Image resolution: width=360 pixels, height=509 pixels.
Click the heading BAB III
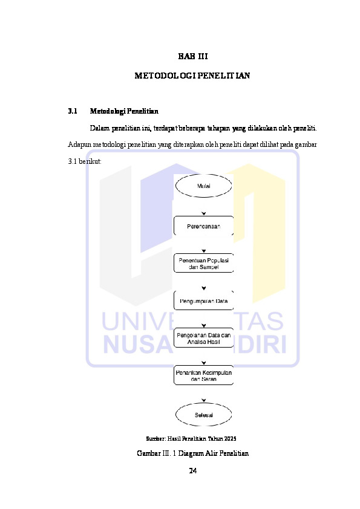pyautogui.click(x=192, y=56)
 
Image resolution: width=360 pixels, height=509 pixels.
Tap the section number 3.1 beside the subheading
pyautogui.click(x=73, y=111)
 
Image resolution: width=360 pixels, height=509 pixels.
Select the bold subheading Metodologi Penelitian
pyautogui.click(x=124, y=111)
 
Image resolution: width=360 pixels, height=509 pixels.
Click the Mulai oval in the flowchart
pyautogui.click(x=204, y=186)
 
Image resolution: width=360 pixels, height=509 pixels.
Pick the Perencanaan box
pyautogui.click(x=204, y=226)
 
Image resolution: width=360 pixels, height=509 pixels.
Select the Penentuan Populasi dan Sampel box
pyautogui.click(x=204, y=263)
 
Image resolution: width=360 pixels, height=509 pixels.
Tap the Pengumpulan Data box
pyautogui.click(x=204, y=300)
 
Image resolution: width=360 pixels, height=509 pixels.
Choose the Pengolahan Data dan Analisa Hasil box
pyautogui.click(x=204, y=338)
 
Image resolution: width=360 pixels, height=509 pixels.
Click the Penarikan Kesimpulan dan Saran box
pyautogui.click(x=204, y=375)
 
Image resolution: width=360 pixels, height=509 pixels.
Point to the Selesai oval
pyautogui.click(x=204, y=415)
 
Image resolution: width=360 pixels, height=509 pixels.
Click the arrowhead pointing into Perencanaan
pyautogui.click(x=204, y=213)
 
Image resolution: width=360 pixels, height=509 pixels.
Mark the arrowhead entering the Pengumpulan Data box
pyautogui.click(x=204, y=288)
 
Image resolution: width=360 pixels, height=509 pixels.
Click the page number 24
pyautogui.click(x=192, y=471)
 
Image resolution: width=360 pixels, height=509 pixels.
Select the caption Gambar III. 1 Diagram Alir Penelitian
pyautogui.click(x=192, y=453)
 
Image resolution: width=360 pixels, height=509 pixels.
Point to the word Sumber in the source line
pyautogui.click(x=156, y=438)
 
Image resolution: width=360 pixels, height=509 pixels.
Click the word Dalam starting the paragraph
pyautogui.click(x=100, y=128)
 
